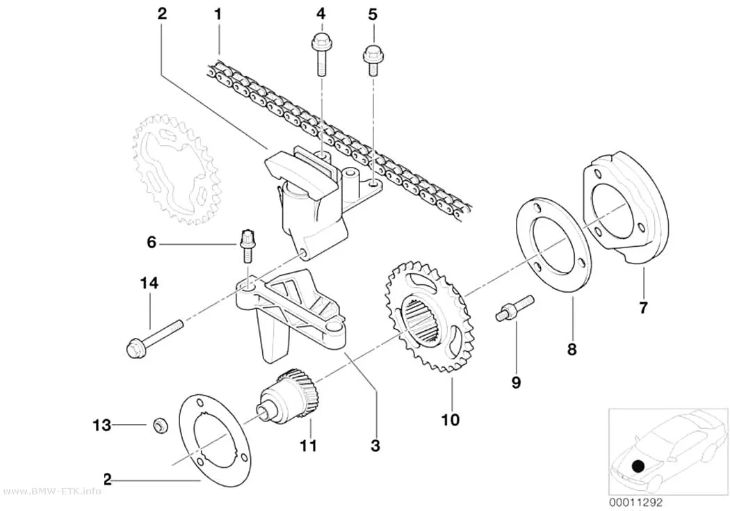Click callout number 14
149,283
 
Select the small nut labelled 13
161,425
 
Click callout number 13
102,425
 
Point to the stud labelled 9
514,308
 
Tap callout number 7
643,307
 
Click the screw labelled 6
247,245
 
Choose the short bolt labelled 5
373,60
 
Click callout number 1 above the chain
218,15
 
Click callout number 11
308,446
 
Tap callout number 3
375,446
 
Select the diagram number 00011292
635,503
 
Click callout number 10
451,419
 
